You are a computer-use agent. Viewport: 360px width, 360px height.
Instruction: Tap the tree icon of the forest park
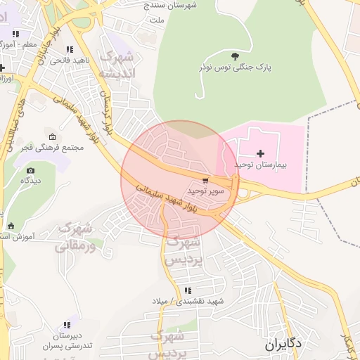coord(235,55)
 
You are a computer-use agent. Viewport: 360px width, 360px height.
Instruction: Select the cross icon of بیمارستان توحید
coord(261,153)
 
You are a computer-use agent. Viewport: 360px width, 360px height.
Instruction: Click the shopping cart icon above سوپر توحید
coord(205,179)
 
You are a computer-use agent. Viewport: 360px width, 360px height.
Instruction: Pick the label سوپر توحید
coord(205,191)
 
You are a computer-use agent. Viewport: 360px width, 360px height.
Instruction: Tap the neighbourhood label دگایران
coord(284,345)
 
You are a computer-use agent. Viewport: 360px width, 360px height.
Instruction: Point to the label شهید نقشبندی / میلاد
coord(187,301)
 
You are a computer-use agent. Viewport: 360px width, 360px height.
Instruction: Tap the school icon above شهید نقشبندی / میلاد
coord(187,290)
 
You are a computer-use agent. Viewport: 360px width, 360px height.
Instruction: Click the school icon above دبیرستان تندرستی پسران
coord(67,325)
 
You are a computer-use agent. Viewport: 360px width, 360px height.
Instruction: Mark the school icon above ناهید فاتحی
coord(69,49)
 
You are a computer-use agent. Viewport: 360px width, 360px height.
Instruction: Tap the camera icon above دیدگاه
coord(30,170)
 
